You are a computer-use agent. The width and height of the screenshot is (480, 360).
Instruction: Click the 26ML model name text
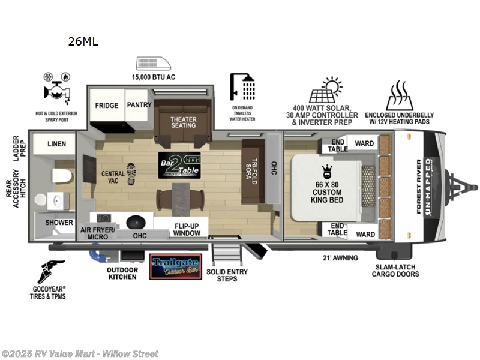point(83,41)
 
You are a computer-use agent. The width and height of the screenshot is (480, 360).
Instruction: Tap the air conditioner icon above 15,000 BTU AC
point(154,64)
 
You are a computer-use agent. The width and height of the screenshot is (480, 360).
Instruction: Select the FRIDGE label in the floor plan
point(107,106)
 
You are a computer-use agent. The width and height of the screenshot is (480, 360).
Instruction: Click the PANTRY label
point(139,105)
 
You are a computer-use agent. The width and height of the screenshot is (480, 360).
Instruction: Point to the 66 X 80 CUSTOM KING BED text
point(327,191)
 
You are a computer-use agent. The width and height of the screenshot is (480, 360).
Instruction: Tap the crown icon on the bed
point(328,170)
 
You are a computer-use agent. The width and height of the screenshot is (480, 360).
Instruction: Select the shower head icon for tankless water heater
point(242,87)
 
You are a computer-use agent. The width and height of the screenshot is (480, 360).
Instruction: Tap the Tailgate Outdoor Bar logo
point(175,266)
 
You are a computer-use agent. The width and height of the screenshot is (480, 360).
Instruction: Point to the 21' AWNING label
point(340,258)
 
